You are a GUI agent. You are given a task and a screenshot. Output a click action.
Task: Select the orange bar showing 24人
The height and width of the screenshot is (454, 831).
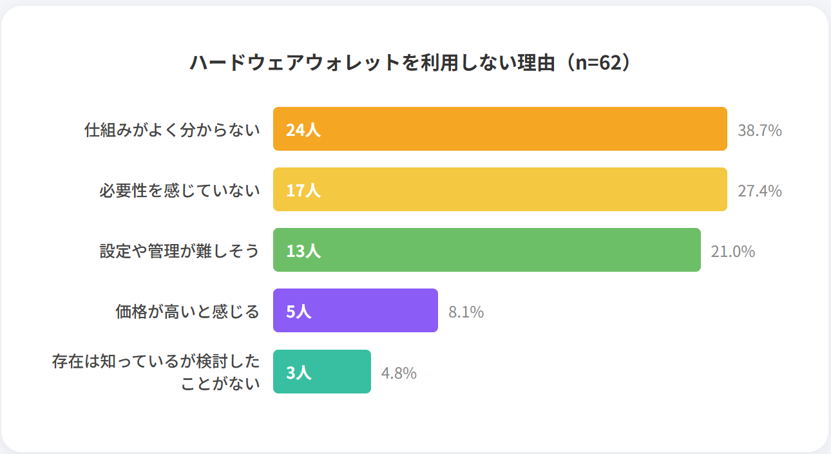pyautogui.click(x=500, y=129)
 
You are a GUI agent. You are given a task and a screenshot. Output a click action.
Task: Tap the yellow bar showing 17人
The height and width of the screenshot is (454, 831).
pyautogui.click(x=500, y=189)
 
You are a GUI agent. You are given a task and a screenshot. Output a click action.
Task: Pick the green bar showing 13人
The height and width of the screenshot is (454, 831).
pyautogui.click(x=486, y=250)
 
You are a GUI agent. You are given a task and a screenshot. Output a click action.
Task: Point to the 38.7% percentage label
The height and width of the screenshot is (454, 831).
pyautogui.click(x=759, y=131)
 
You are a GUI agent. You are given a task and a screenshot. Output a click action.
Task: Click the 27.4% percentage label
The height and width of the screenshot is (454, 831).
pyautogui.click(x=759, y=191)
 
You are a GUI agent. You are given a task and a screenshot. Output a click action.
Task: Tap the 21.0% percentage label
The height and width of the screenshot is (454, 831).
pyautogui.click(x=732, y=252)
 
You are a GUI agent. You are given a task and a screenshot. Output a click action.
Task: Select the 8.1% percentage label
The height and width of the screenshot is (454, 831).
pyautogui.click(x=466, y=312)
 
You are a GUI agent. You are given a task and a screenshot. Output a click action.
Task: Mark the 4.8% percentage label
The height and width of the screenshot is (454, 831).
pyautogui.click(x=399, y=374)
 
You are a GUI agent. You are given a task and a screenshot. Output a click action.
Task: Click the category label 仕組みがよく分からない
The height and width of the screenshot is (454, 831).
pyautogui.click(x=172, y=130)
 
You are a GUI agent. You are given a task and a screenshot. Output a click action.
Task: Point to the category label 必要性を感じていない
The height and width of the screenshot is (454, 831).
pyautogui.click(x=179, y=191)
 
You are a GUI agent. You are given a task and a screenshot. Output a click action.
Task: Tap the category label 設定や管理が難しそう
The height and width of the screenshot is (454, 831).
pyautogui.click(x=179, y=251)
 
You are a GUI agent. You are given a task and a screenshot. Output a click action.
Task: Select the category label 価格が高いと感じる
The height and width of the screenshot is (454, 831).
pyautogui.click(x=187, y=312)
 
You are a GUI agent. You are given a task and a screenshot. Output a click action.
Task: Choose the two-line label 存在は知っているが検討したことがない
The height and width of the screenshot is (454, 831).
pyautogui.click(x=156, y=372)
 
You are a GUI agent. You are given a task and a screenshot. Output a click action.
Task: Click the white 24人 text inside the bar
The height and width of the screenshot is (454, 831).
pyautogui.click(x=303, y=130)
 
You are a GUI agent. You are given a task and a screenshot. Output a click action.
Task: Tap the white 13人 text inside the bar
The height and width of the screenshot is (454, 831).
pyautogui.click(x=303, y=251)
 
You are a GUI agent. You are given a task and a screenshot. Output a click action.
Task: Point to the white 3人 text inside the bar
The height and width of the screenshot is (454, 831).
pyautogui.click(x=298, y=372)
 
